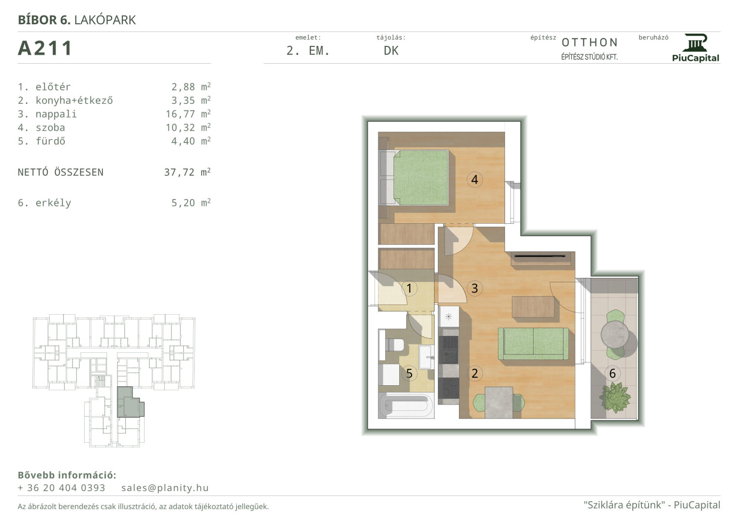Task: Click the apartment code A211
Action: (x=45, y=48)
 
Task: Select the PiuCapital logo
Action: (x=695, y=48)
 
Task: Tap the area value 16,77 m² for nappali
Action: (x=188, y=114)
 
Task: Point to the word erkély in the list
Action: (x=53, y=203)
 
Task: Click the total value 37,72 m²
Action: (x=187, y=172)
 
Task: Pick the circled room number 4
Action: (x=475, y=180)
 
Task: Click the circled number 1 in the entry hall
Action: (x=409, y=289)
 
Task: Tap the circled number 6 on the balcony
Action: (x=612, y=373)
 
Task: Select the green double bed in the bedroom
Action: (x=414, y=177)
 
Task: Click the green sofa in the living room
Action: (x=533, y=344)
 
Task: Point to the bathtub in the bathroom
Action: (x=406, y=406)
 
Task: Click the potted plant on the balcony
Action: (x=614, y=397)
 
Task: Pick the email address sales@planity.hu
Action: (x=165, y=488)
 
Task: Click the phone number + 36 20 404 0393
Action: (x=61, y=488)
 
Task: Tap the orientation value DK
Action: (x=391, y=51)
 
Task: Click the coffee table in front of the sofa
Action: (x=533, y=307)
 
